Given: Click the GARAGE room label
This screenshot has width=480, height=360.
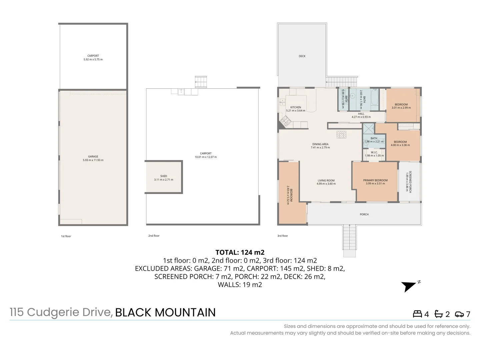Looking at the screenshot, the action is (93, 157).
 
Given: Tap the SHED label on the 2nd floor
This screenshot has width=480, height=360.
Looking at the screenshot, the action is (164, 176).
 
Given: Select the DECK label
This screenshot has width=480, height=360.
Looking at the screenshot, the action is (302, 56).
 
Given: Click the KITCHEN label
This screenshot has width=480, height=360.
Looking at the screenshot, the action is (296, 107).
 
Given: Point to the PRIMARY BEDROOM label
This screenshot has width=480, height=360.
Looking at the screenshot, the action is (375, 180).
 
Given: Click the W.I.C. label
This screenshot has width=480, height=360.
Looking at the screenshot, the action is (374, 152).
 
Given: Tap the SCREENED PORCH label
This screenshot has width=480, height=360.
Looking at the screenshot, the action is (410, 182).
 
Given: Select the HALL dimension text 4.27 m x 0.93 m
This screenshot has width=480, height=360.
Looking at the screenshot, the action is (361, 117).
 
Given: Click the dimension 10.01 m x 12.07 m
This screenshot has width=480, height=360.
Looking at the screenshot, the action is (206, 157).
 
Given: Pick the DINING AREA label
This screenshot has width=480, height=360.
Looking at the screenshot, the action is (320, 144).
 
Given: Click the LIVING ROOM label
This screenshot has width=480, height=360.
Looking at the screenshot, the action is (326, 181).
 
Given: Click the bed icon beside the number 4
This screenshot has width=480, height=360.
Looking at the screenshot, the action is (417, 314).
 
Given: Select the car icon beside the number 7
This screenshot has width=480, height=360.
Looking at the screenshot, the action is (459, 314).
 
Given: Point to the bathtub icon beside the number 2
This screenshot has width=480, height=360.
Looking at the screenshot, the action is (438, 314).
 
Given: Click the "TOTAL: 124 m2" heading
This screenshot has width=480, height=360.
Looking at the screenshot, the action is (240, 252).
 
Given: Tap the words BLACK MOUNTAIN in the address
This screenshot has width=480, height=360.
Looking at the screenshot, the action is (165, 312).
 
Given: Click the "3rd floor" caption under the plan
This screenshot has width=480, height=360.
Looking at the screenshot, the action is (283, 236).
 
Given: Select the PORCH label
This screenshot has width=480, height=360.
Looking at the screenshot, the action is (364, 214).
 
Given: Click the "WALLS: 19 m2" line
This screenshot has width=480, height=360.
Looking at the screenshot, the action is (240, 285).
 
